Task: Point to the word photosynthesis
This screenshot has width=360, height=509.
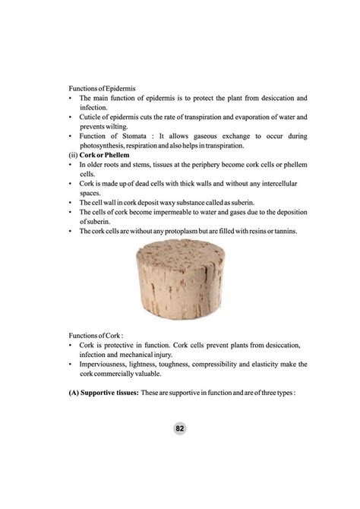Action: (x=104, y=146)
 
